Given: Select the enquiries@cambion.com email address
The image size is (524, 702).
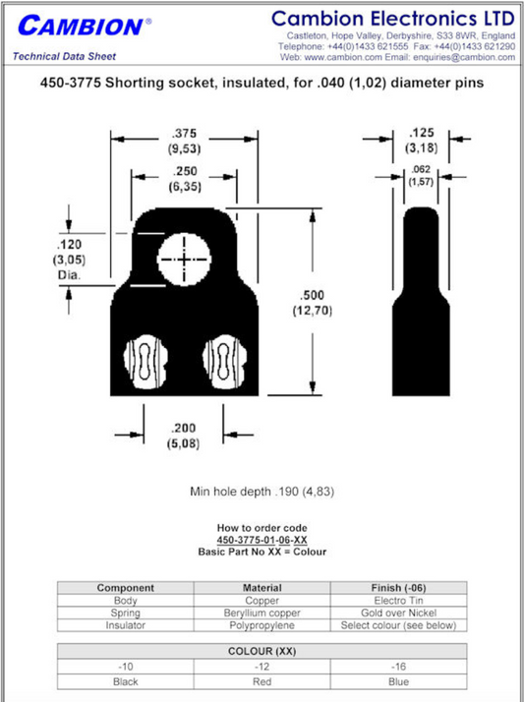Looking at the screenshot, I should tap(460, 57).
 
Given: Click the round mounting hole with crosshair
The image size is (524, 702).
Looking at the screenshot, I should tap(184, 259).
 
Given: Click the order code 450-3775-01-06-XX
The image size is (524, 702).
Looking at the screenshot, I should tap(262, 541).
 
